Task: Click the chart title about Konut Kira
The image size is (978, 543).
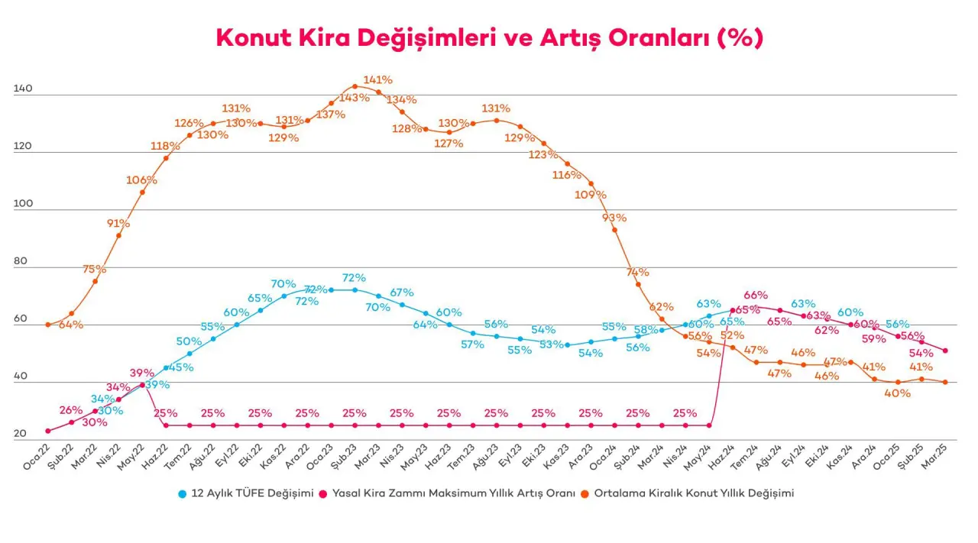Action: click(489, 37)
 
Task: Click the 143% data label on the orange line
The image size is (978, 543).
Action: click(354, 98)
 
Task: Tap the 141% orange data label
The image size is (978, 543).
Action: click(378, 79)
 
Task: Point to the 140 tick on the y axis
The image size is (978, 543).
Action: click(23, 89)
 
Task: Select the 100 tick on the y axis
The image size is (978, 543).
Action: click(23, 204)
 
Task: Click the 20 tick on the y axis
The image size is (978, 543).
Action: click(20, 434)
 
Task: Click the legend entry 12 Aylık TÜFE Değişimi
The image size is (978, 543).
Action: click(247, 493)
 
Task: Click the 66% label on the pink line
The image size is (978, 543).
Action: click(756, 296)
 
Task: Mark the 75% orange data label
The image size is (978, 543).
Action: click(95, 269)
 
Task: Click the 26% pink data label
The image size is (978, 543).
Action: click(70, 410)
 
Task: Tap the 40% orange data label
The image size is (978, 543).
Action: click(897, 393)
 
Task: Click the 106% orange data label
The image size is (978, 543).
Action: click(141, 180)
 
